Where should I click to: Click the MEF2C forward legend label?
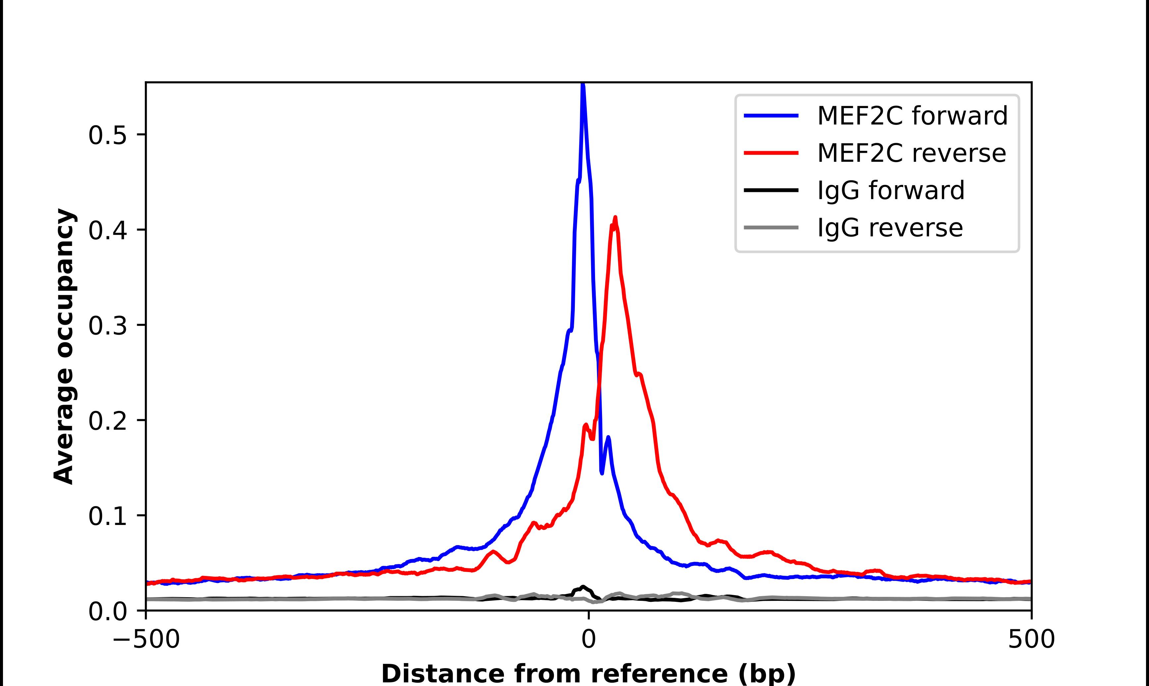click(912, 116)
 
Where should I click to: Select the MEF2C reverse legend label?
click(911, 153)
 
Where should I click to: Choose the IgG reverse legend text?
click(890, 227)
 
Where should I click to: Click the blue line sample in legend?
click(771, 116)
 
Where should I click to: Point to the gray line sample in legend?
click(771, 227)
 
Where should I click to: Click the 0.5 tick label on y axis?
click(107, 136)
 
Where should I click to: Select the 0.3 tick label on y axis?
click(107, 326)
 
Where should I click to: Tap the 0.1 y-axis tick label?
click(107, 516)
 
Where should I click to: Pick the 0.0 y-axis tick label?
click(107, 611)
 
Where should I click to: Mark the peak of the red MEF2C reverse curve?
click(615, 217)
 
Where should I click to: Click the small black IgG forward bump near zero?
click(583, 587)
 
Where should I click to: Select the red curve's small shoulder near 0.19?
click(586, 424)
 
